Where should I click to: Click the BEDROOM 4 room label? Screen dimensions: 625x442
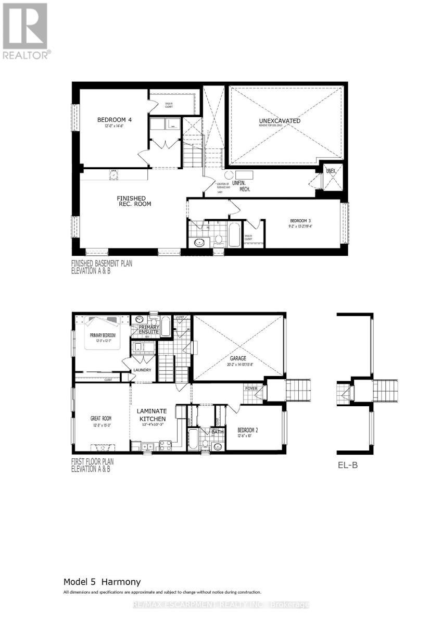115,120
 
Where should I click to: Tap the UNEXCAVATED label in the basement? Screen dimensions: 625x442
280,121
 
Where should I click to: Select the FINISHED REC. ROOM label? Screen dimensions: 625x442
134,201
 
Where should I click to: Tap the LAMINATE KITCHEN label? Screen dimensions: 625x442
151,415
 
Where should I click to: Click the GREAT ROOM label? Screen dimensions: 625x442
100,418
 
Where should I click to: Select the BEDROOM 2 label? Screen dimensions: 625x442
248,430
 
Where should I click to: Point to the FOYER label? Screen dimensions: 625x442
251,389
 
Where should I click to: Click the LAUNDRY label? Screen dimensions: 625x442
142,370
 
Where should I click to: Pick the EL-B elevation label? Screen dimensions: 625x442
347,466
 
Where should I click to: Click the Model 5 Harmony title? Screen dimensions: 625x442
102,581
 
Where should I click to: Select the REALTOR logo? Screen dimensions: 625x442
26,31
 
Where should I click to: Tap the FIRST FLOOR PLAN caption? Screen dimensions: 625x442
93,465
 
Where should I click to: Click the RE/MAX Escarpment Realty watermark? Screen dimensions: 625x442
221,605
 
